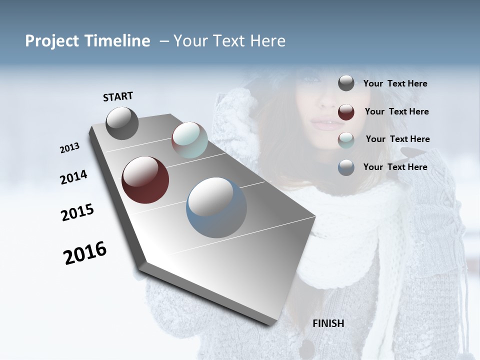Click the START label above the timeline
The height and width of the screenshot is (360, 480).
[118, 96]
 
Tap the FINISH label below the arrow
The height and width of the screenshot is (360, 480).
[328, 323]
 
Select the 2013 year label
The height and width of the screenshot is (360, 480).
[70, 148]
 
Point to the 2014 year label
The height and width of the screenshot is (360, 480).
[73, 177]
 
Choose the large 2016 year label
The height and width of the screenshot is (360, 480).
[85, 253]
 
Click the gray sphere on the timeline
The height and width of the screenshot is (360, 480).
[122, 123]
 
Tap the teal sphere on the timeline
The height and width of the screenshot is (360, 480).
[189, 140]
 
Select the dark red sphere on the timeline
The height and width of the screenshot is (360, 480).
[145, 180]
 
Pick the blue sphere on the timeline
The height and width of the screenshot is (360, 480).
[216, 207]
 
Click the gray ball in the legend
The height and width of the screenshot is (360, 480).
[346, 83]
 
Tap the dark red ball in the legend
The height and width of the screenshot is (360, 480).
[346, 112]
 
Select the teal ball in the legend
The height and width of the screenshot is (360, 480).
[346, 140]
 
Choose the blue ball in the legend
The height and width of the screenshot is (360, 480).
[346, 167]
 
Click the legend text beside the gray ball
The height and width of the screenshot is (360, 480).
[395, 84]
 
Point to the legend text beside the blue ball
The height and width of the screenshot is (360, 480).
[395, 167]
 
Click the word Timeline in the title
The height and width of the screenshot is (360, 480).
[117, 41]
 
